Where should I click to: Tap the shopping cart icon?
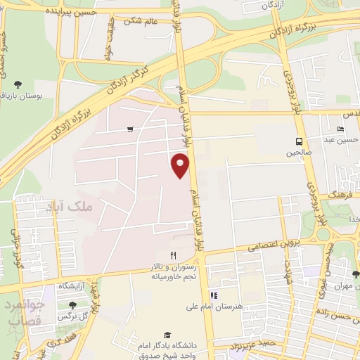[131, 129]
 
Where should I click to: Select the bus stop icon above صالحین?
[300, 141]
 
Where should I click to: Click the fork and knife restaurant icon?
[173, 255]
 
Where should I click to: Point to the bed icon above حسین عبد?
[341, 129]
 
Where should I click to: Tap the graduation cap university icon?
[167, 335]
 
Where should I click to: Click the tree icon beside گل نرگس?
[73, 305]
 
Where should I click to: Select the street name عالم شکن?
[142, 20]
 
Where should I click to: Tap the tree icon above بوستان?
[18, 84]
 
